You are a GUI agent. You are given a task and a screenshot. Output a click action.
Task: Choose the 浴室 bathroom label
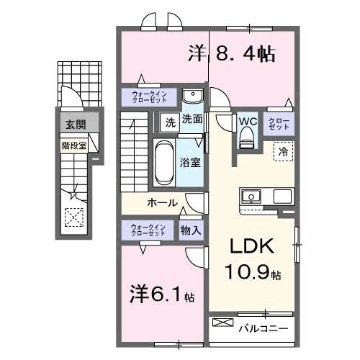190,163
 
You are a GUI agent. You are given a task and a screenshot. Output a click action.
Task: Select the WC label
248,121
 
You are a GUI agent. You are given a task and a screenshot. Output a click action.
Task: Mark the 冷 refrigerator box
283,151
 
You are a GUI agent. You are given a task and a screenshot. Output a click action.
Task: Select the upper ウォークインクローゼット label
148,96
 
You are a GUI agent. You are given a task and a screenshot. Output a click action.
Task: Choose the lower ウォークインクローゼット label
148,230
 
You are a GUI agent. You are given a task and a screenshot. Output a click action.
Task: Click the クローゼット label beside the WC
279,122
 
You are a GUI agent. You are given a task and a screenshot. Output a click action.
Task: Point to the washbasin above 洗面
192,97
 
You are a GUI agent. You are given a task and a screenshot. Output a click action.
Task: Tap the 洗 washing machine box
171,121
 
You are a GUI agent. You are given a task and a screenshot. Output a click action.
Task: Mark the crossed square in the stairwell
73,217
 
